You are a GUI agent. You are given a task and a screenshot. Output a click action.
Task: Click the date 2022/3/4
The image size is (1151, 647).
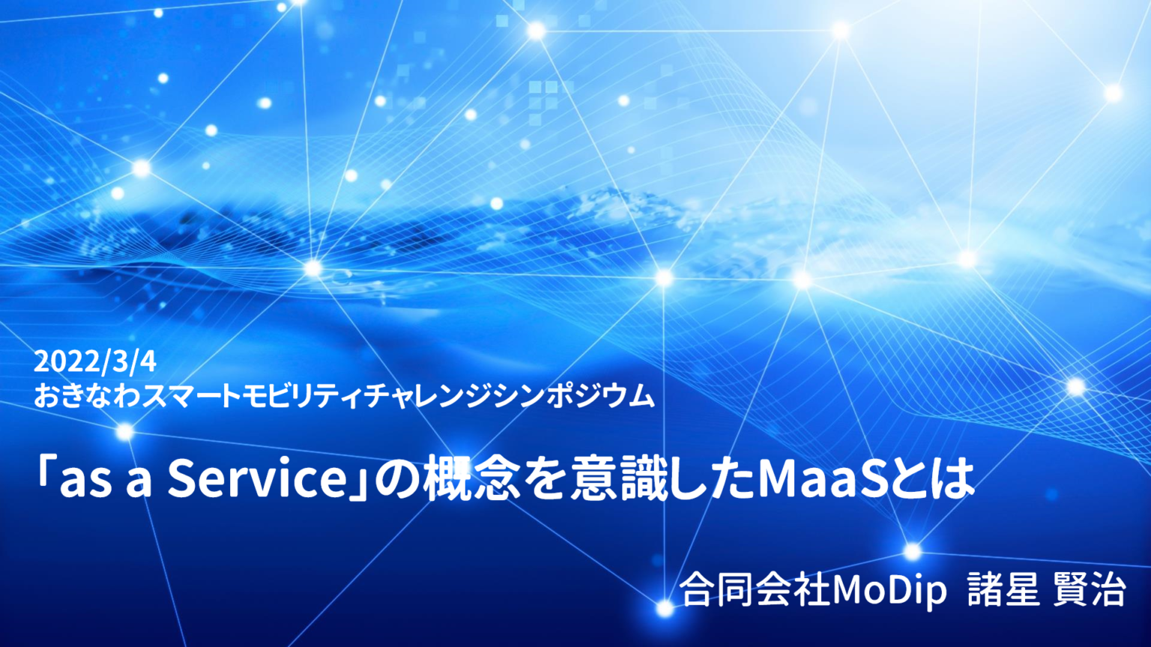(x=95, y=362)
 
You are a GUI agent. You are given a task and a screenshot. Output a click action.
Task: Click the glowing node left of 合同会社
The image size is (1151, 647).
(x=665, y=608)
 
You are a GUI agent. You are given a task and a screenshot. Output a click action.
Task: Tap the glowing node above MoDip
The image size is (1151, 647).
(x=912, y=552)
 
